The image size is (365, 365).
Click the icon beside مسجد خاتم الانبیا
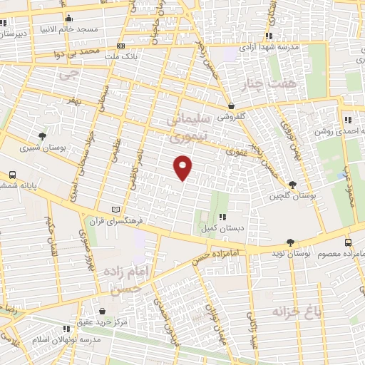coord(68,19)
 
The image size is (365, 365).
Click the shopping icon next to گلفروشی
coord(232,106)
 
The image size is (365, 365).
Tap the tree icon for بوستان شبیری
coord(43,135)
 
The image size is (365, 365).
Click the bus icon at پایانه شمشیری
coord(12,175)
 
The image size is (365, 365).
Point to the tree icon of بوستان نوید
coord(289,242)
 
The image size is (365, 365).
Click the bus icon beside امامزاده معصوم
coord(349,242)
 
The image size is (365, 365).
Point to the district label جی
coord(68,73)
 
